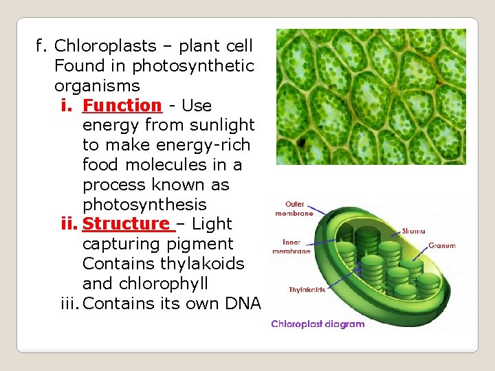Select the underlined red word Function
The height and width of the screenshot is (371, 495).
click(x=121, y=106)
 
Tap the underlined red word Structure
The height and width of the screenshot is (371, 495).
click(x=126, y=224)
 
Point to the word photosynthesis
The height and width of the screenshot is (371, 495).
click(x=144, y=205)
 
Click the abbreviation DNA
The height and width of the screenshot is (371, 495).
click(x=242, y=304)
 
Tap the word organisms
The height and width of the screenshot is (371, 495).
click(x=97, y=86)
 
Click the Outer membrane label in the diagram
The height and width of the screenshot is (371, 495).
click(x=294, y=209)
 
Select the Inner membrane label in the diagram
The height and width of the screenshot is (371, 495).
click(x=291, y=247)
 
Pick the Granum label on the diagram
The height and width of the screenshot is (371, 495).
click(x=441, y=245)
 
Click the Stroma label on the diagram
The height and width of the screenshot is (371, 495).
click(x=413, y=231)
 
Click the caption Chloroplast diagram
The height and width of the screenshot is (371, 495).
click(x=318, y=324)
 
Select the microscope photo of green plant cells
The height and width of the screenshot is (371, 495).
click(x=371, y=96)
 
